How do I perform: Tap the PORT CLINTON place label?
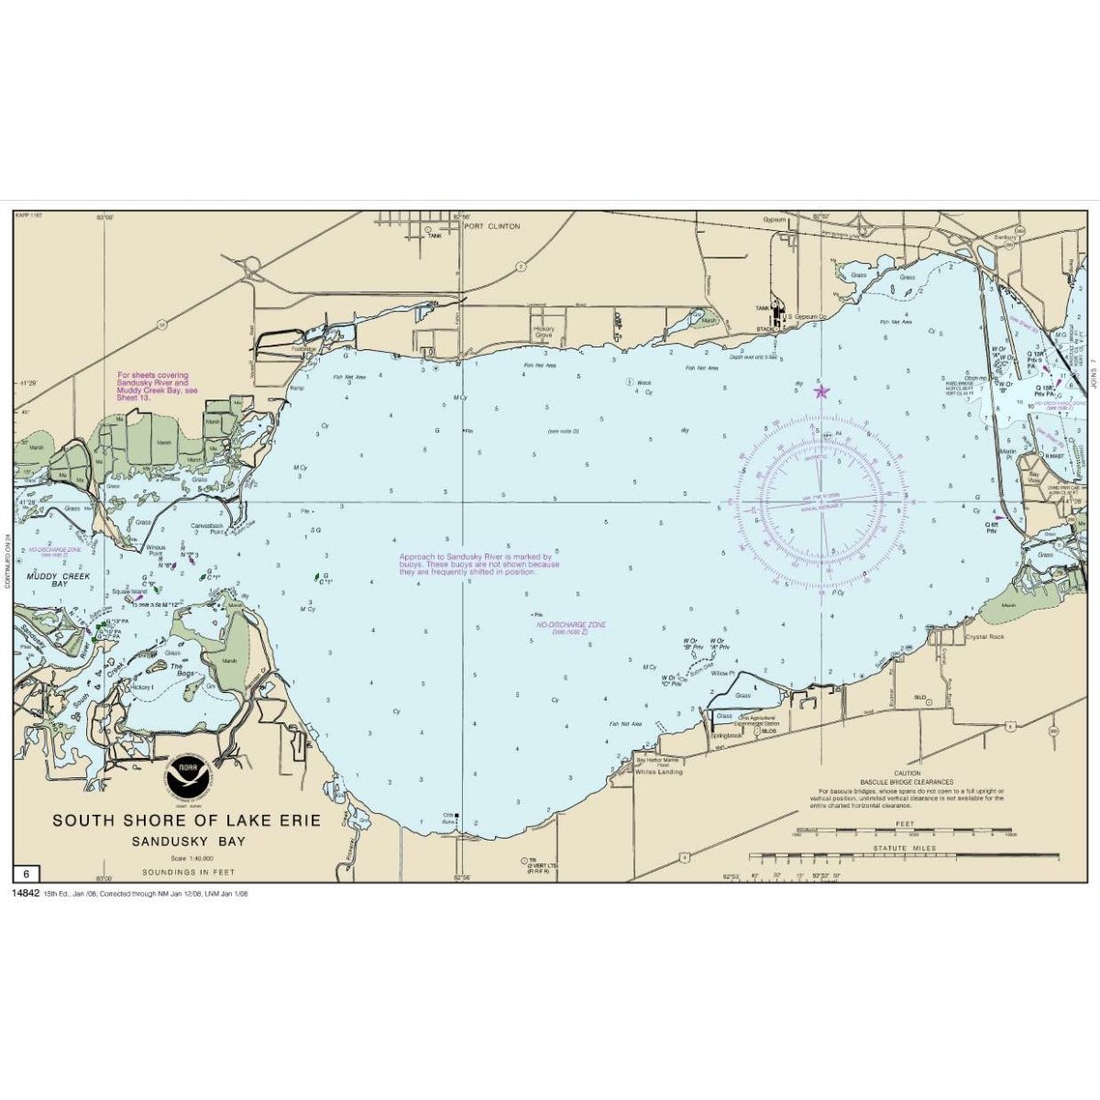tap(492, 225)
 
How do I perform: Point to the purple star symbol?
tap(821, 391)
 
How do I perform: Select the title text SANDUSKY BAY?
tap(187, 841)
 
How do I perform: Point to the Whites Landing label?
tap(659, 772)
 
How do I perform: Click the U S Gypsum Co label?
tap(804, 318)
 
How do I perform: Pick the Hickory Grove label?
tap(544, 332)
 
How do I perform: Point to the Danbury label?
tap(1006, 236)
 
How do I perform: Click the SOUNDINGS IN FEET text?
tap(187, 872)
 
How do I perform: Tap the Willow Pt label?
tap(724, 673)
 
